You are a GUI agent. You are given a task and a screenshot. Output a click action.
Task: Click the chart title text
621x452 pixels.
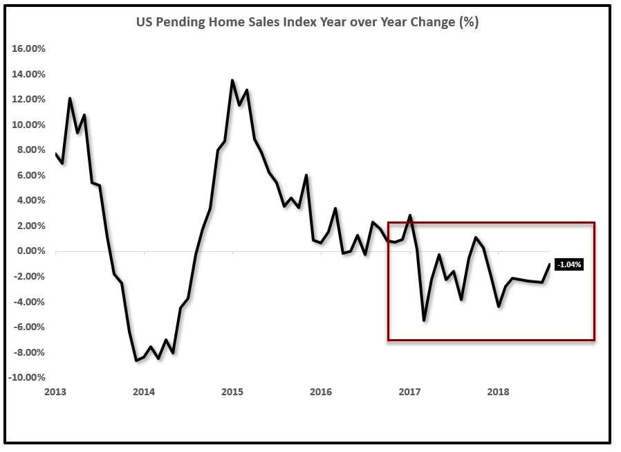point(307,22)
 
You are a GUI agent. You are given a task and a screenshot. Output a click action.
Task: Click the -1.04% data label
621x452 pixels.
point(569,264)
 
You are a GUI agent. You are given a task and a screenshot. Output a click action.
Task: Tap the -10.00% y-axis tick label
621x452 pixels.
point(27,378)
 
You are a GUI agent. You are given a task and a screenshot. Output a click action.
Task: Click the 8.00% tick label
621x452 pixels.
point(30,150)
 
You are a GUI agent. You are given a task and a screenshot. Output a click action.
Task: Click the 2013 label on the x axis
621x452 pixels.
point(55,392)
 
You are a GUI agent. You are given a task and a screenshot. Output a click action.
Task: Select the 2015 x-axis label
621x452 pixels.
point(232,392)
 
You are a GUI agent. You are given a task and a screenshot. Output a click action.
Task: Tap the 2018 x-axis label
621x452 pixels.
point(498,392)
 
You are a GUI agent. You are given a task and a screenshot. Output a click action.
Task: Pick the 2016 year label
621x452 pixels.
point(321,392)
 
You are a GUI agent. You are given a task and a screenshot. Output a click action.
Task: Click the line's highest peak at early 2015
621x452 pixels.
point(232,80)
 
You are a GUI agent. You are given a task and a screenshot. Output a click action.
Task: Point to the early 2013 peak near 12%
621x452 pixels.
point(70,98)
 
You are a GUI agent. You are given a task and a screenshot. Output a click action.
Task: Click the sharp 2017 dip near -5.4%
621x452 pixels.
point(424,320)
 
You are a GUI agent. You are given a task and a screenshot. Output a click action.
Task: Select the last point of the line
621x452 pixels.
point(550,264)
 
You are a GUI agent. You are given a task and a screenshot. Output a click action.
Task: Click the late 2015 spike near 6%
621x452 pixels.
point(306,175)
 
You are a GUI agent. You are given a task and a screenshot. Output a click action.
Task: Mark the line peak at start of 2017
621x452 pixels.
point(410,215)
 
